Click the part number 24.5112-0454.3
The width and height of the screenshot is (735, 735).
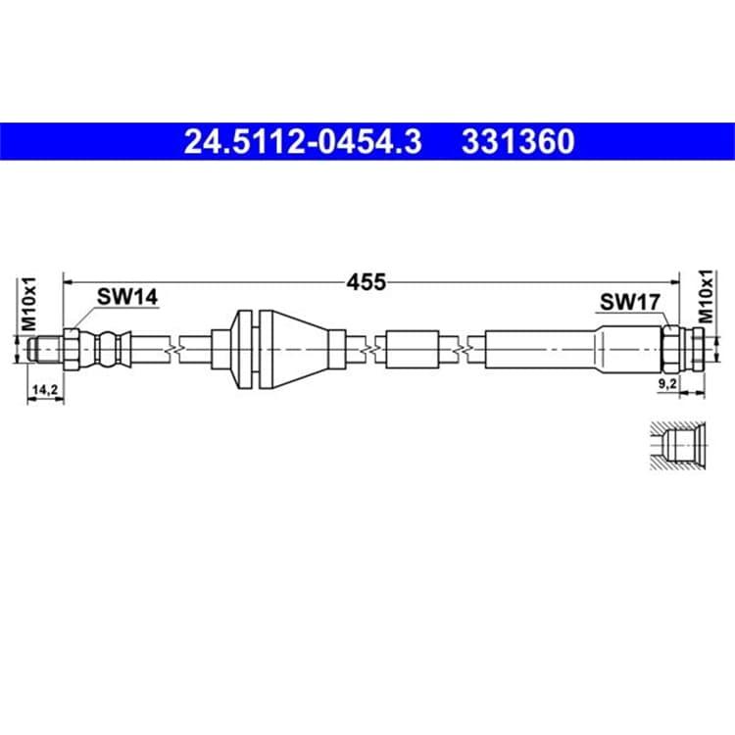click(303, 141)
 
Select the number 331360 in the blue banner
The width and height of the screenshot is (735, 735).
click(518, 141)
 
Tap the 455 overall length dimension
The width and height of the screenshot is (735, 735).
click(367, 282)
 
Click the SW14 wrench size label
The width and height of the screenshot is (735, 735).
click(127, 297)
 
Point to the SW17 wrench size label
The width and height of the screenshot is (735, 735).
click(630, 303)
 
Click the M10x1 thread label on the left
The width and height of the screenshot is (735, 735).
click(29, 304)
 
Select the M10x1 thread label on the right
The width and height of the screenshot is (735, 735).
click(706, 297)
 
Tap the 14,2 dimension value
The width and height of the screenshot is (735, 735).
click(44, 389)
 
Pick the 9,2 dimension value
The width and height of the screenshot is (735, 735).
click(667, 384)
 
